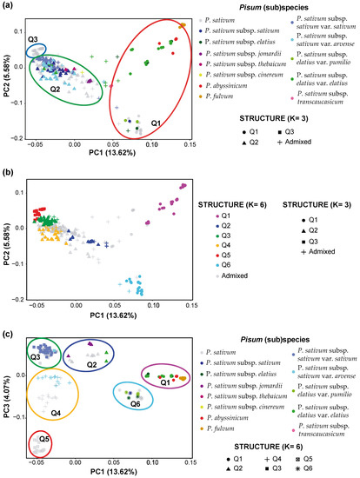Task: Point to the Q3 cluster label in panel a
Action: [33, 41]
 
